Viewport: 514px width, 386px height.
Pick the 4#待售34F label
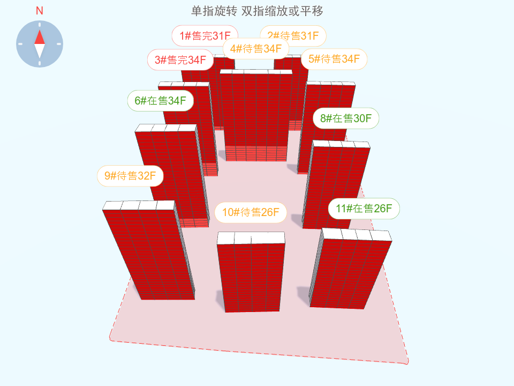coord(256,49)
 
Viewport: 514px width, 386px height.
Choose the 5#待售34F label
coord(334,59)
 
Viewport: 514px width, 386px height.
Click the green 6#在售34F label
coord(160,100)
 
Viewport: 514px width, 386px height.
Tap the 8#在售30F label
coord(346,118)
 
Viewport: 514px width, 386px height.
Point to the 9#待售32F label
coord(130,175)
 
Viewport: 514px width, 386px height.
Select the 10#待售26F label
coord(251,212)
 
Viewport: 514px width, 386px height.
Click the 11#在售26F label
coord(364,209)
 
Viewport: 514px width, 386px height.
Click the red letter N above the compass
coord(40,11)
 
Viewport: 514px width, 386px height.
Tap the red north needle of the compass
coord(40,36)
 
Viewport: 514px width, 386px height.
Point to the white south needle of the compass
coord(40,51)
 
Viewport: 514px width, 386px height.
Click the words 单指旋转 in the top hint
coord(214,11)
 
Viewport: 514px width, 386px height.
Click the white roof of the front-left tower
coord(139,205)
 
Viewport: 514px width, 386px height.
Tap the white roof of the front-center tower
coord(251,237)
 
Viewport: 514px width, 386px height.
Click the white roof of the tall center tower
coord(256,71)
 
